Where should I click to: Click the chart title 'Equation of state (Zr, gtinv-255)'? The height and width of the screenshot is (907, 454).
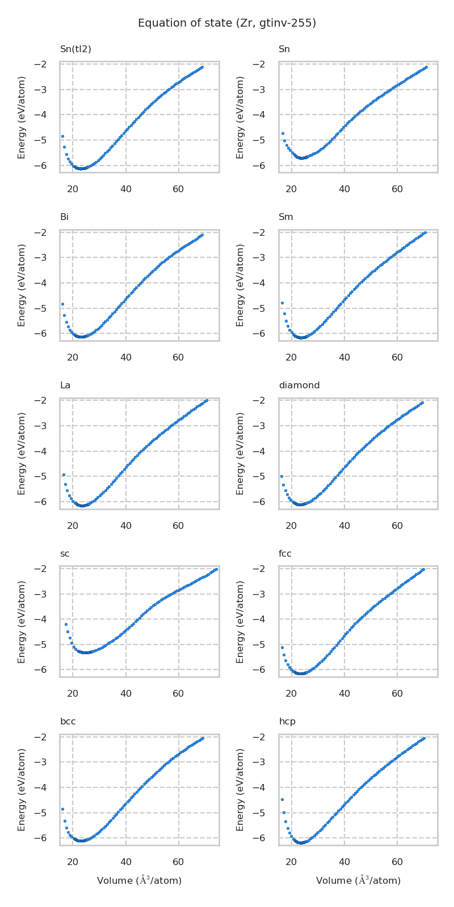(x=227, y=23)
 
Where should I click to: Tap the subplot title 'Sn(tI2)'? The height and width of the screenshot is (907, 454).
(x=75, y=49)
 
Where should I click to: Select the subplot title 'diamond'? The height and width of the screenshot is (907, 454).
(x=299, y=385)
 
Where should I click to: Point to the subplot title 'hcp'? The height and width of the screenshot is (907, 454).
(x=287, y=722)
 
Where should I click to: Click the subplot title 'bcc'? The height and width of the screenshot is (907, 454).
(x=68, y=722)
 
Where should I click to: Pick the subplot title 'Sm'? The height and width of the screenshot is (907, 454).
(x=286, y=217)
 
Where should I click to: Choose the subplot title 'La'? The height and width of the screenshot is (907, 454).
(x=65, y=385)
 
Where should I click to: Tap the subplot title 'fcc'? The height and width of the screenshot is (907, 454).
(x=285, y=554)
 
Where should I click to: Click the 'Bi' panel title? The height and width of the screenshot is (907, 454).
(x=64, y=217)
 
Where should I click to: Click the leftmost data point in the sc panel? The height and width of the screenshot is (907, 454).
(x=66, y=624)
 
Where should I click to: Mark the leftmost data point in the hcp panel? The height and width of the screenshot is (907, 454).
(x=282, y=799)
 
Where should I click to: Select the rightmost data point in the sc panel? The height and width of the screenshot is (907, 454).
(x=216, y=569)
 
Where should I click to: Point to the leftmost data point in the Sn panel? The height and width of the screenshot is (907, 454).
(x=283, y=133)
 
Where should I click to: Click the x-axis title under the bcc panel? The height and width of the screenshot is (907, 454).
(x=139, y=880)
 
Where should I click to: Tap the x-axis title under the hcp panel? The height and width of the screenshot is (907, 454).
(x=358, y=880)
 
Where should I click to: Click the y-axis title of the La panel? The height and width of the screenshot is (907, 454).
(x=22, y=453)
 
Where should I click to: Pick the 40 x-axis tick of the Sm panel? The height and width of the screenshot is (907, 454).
(x=344, y=357)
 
